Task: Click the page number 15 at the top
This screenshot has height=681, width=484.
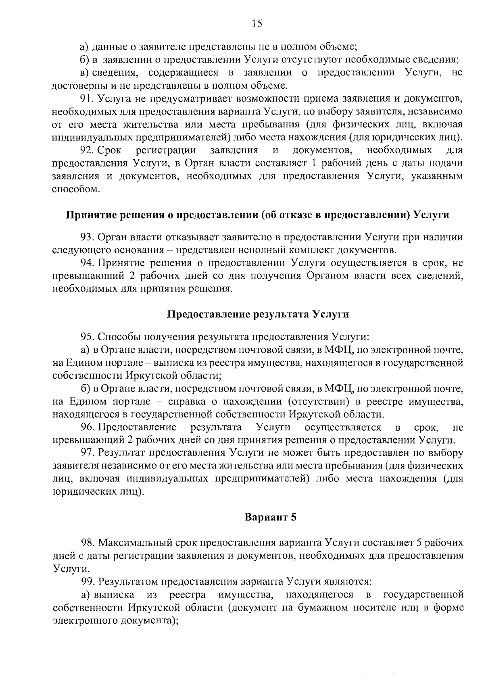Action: pos(257,24)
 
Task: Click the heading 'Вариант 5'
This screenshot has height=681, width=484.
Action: pos(271,517)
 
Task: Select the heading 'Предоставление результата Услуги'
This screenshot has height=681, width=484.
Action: pos(258,314)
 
